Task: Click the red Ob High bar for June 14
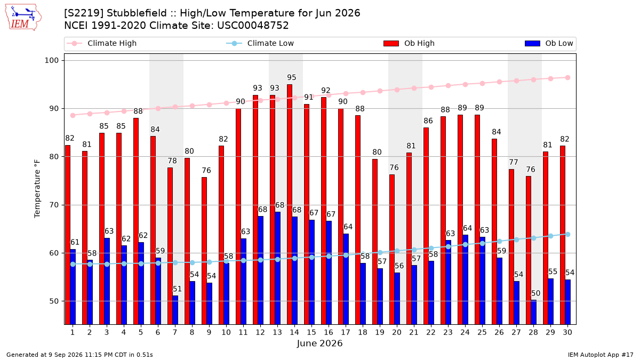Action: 290,204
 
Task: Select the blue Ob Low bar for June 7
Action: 175,310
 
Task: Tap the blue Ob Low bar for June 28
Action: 533,312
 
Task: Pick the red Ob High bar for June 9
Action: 204,251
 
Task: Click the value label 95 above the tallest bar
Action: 292,77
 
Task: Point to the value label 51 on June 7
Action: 177,289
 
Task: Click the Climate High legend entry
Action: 102,43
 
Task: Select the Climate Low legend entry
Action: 260,43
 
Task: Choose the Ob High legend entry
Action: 409,43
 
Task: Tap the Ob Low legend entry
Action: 549,43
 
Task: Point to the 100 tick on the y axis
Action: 51,61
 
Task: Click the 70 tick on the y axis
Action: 54,205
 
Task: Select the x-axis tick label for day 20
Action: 397,332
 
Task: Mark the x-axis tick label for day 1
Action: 73,332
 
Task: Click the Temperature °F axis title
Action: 37,189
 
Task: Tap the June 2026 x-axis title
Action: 319,343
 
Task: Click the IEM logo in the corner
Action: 23,18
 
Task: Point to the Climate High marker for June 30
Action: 567,78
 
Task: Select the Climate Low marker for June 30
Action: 567,234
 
